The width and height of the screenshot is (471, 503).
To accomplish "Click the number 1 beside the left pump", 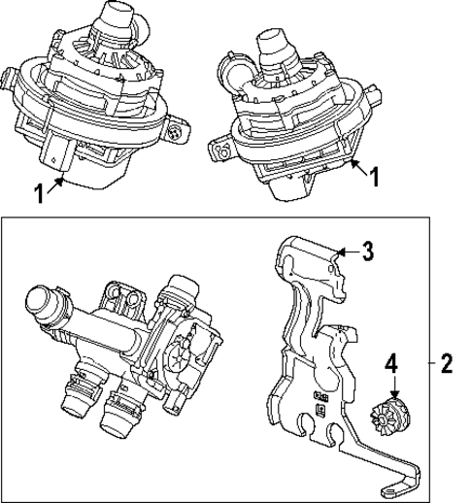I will (38, 192).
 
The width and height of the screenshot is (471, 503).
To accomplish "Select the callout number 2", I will (446, 364).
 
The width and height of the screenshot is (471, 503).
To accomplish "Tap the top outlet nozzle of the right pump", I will (272, 44).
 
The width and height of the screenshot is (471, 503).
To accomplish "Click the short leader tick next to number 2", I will (428, 364).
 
